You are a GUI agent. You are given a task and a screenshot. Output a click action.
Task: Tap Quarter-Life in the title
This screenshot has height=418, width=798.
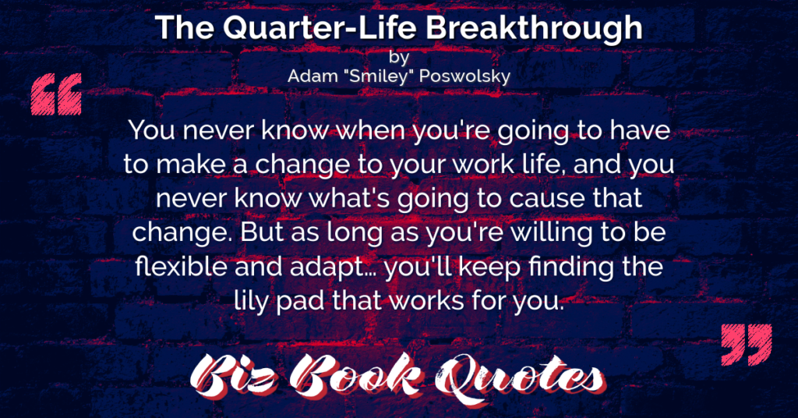click(x=320, y=29)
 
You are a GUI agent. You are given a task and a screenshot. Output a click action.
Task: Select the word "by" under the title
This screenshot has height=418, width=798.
click(x=399, y=57)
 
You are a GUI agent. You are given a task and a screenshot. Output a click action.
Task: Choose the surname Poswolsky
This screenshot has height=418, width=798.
click(x=465, y=76)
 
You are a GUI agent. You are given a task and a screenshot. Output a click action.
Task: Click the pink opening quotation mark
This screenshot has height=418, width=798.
click(x=56, y=94)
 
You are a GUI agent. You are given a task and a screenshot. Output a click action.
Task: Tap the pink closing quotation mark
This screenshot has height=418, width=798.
click(x=747, y=344)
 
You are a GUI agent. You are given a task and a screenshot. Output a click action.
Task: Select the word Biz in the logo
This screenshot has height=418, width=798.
click(x=234, y=377)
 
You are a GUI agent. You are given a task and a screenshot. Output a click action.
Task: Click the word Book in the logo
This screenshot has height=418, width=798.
click(x=355, y=377)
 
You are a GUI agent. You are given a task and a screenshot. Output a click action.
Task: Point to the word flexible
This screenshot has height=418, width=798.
click(x=180, y=267)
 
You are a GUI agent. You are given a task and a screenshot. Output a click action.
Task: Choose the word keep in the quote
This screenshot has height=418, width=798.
click(x=489, y=268)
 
